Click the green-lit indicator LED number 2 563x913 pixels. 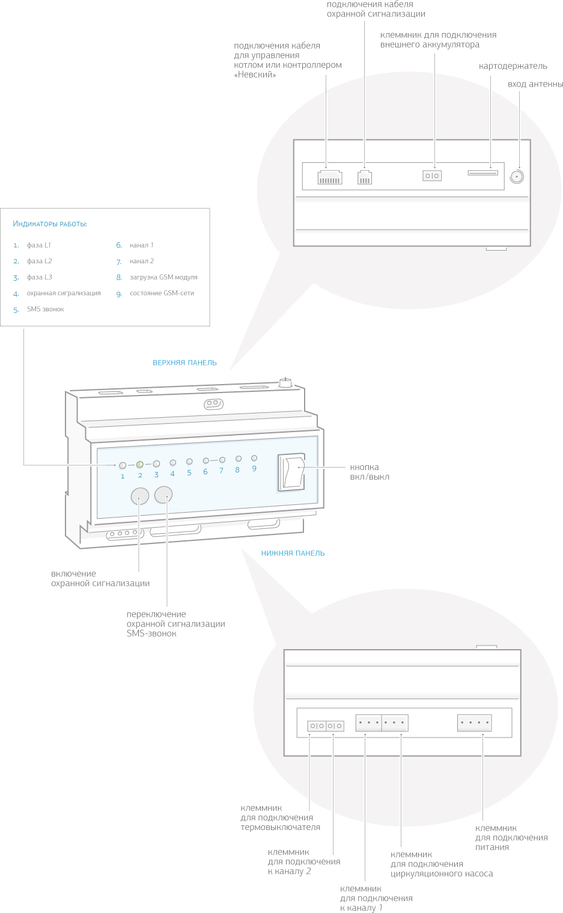pos(139,464)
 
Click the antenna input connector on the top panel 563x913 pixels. pos(516,176)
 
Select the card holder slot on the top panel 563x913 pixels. pos(482,173)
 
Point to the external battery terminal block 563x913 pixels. pos(432,176)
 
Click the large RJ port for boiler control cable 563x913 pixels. pos(329,177)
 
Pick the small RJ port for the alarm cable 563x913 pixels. pos(364,177)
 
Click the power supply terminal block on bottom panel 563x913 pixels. pos(475,722)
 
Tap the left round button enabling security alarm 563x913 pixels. pos(139,496)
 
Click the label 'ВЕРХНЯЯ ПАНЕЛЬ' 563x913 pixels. pos(184,363)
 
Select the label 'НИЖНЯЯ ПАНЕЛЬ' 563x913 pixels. pos(293,554)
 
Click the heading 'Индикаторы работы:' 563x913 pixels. pos(50,224)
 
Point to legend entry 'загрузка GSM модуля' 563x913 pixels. pos(163,277)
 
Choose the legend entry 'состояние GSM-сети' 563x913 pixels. pos(162,293)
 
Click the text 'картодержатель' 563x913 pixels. pos(513,66)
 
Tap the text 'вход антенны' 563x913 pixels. pos(535,84)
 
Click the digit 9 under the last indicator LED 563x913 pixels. pos(254,469)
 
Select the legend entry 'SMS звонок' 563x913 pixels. pos(45,310)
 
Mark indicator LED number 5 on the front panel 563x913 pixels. pos(189,462)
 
